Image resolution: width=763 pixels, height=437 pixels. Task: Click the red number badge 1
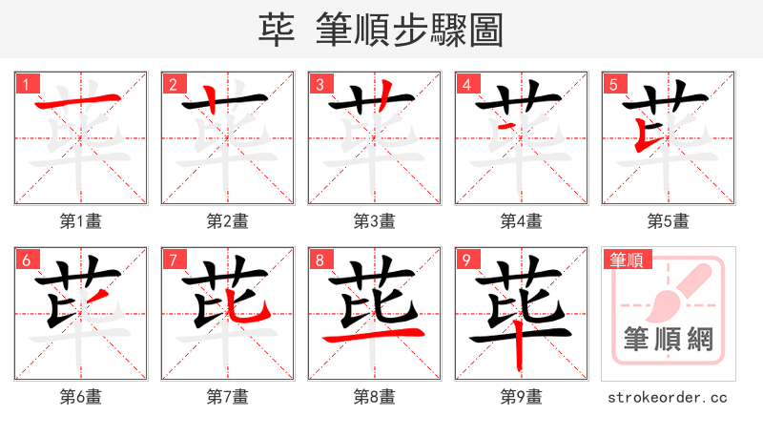click(x=24, y=83)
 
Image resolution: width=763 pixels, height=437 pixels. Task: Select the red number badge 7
click(x=171, y=259)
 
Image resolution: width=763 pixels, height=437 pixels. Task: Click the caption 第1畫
click(x=81, y=221)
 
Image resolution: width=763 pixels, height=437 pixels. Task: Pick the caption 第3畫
click(x=375, y=221)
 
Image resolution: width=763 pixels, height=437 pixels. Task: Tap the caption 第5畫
click(x=669, y=221)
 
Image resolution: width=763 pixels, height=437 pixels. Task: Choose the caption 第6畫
click(x=81, y=397)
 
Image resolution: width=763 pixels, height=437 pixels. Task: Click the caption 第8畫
click(x=375, y=397)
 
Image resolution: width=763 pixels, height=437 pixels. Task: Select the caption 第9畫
click(x=522, y=397)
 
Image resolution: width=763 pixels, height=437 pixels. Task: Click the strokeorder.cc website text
click(x=669, y=397)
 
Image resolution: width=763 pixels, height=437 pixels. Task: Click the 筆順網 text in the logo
click(x=668, y=340)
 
